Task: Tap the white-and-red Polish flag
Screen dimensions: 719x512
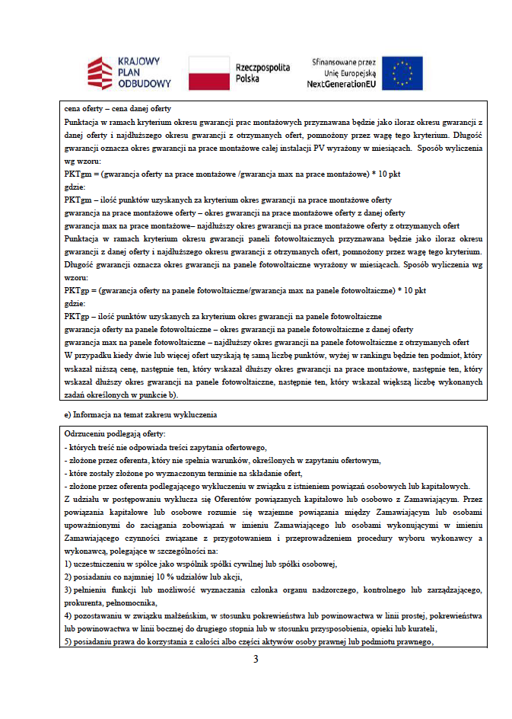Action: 208,72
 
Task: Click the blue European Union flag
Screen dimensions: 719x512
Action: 403,73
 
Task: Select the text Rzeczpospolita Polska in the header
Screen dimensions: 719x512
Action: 262,73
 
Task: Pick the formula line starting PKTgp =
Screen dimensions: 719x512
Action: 245,290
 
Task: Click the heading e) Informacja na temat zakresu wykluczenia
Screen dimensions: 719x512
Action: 142,415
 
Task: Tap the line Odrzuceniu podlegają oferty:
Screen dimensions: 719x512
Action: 115,433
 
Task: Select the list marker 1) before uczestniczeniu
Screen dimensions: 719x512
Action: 68,564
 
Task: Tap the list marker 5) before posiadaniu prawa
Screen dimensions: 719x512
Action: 68,641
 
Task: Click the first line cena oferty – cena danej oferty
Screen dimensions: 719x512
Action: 118,109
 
